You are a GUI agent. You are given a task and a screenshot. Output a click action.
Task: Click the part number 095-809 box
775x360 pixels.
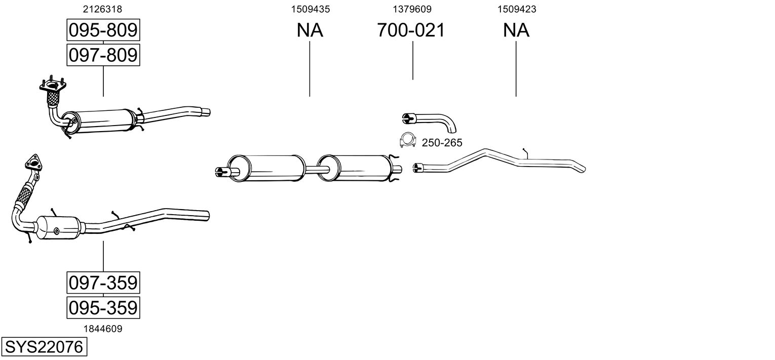point(103,30)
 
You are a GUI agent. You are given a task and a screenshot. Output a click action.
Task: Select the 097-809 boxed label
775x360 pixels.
point(103,55)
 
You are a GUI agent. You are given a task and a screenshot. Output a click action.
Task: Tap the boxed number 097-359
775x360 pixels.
point(103,283)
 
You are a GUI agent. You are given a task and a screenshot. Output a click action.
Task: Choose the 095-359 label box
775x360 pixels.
point(103,307)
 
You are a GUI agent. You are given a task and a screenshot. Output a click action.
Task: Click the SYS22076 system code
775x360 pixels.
point(44,347)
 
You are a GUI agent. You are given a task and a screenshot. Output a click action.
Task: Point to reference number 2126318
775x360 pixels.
point(102,9)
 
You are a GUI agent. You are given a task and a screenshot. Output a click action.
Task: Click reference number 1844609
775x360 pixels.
point(103,329)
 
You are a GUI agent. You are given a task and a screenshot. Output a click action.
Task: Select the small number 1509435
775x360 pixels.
point(311,9)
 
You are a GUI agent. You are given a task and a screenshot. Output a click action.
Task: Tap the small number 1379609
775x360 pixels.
point(412,9)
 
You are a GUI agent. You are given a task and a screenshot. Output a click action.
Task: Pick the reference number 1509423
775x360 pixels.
point(517,9)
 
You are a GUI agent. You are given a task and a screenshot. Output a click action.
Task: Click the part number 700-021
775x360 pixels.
point(411,30)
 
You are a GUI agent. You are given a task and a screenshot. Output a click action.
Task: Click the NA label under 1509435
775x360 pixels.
point(309,30)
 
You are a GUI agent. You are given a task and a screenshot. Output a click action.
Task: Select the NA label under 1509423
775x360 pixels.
point(516,30)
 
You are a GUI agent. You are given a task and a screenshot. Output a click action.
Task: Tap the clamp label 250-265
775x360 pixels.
point(442,142)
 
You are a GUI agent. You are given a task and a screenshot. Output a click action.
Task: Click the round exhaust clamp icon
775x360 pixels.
point(407,140)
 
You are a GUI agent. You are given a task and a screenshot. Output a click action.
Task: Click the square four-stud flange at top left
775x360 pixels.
point(53,85)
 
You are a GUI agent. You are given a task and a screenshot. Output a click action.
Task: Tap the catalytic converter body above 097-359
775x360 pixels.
point(59,227)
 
